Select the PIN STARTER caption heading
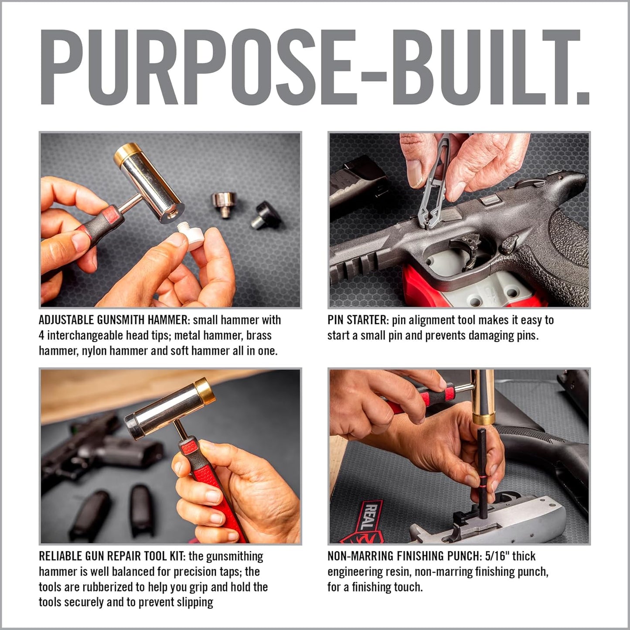(x=357, y=320)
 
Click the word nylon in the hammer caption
(x=94, y=351)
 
